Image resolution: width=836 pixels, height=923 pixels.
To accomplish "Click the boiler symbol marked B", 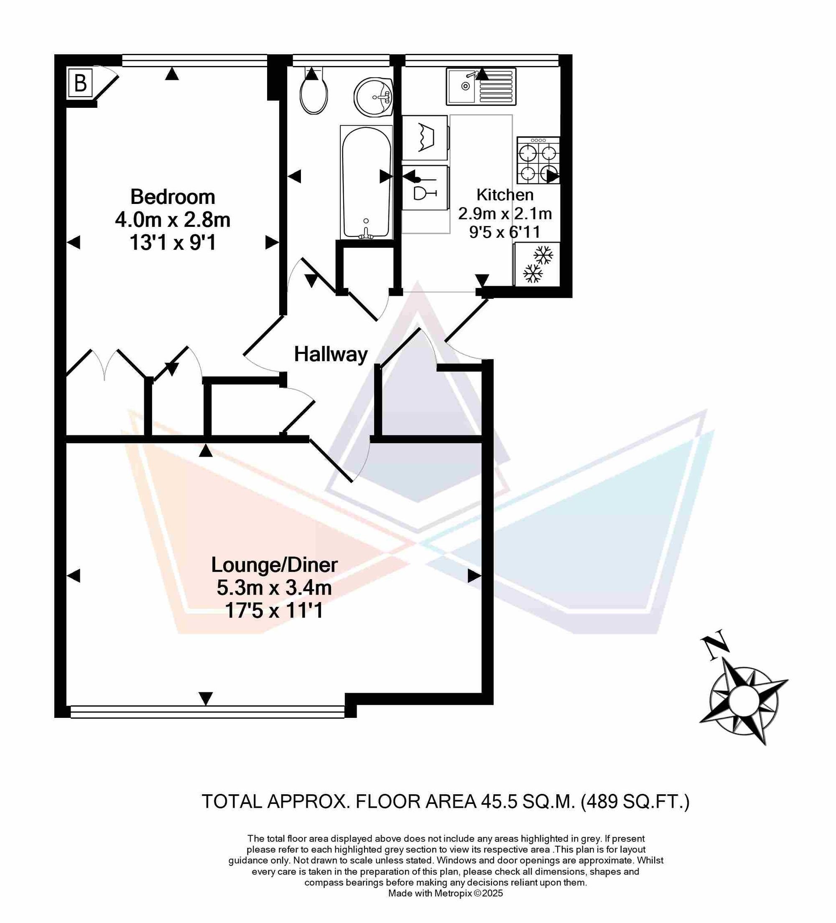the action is coord(81,83).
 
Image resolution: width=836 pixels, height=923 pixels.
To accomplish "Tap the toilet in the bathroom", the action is coord(314,91).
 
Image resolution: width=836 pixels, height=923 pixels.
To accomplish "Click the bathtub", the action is coord(366,182).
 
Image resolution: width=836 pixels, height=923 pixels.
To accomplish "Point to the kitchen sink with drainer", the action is coord(481,86).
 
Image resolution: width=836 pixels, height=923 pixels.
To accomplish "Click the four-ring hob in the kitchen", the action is coord(538,160).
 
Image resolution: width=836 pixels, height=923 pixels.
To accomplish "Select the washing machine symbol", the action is coord(425,137).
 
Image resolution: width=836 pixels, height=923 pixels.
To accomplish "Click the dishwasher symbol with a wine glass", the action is coord(425,188).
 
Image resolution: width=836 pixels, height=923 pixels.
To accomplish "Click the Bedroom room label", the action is coord(173,197).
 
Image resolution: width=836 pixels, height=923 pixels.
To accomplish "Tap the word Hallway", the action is coord(331,354).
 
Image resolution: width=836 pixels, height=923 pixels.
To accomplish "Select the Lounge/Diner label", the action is coord(274,565).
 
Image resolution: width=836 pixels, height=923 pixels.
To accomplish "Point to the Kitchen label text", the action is coord(505,195).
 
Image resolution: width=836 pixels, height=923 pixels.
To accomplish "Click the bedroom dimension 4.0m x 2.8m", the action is coord(173,220).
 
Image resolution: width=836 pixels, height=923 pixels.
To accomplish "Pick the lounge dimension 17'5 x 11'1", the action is coord(274,610).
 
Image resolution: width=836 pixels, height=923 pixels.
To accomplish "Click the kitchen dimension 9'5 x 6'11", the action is coord(505,232).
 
